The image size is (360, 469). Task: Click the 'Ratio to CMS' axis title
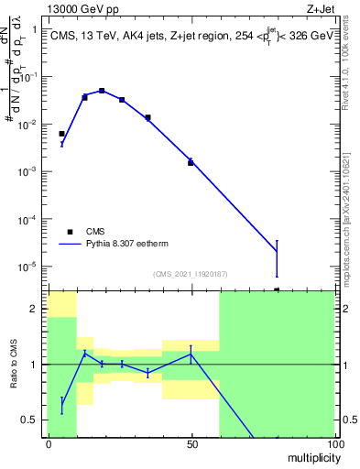[15, 363]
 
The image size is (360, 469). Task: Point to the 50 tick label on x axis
[191, 442]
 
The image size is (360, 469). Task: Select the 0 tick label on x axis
[49, 442]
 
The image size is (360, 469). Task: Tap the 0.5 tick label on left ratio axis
[31, 420]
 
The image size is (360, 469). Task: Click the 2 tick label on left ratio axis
[37, 309]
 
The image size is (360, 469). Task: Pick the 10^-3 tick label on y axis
[29, 171]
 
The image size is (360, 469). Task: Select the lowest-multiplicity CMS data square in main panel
[61, 134]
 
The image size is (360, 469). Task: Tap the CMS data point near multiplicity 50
[191, 162]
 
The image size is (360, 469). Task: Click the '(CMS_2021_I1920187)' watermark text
[190, 274]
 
